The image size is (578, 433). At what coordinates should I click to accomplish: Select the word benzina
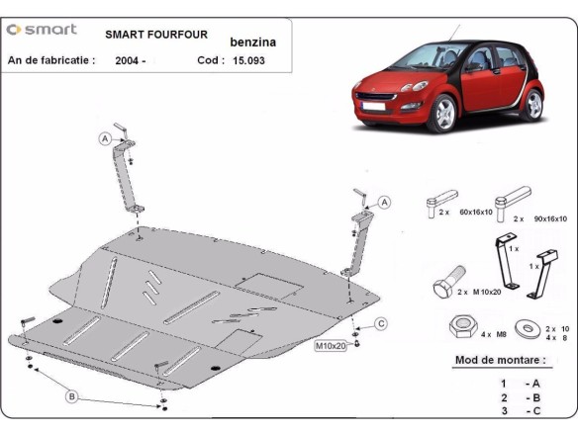pos(253,43)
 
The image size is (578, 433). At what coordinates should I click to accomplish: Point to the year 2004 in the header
pos(130,60)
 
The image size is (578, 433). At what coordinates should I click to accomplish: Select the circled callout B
pos(71,396)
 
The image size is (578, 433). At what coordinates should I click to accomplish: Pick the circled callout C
pos(380,324)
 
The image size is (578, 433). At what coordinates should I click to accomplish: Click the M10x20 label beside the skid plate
pos(331,346)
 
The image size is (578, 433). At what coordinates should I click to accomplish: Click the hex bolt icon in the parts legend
pos(443,286)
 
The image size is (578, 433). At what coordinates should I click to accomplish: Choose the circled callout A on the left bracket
pos(104,139)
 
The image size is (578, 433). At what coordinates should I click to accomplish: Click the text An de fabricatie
pos(51,60)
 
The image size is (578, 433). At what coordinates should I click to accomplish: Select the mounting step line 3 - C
pos(520,410)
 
